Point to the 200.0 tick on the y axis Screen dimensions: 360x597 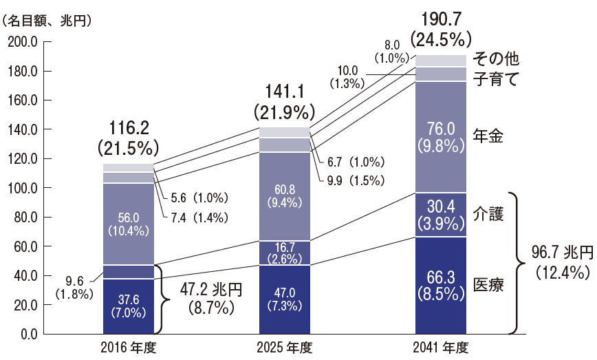[x=22, y=42]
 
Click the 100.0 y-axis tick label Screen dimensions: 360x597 [x=22, y=188]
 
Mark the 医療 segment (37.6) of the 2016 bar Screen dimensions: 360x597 [x=128, y=306]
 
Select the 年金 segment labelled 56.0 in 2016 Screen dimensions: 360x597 [x=128, y=224]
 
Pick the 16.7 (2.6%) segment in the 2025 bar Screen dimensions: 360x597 [x=285, y=253]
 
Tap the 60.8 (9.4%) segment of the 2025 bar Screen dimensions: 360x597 [x=285, y=196]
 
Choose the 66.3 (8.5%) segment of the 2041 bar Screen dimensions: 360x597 [x=441, y=285]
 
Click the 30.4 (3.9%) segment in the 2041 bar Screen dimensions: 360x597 [x=441, y=214]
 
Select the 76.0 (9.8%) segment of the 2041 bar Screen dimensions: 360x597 [x=441, y=136]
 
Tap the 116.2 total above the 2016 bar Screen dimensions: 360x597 [x=128, y=128]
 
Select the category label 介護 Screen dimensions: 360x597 [x=489, y=215]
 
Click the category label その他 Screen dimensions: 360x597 [x=494, y=59]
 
